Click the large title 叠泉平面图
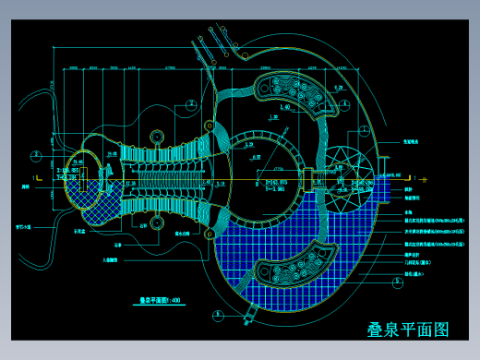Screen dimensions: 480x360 point(407,330)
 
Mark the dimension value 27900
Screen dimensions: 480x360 point(172,67)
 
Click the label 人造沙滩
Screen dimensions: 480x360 point(110,260)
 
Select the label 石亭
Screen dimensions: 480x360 point(117,246)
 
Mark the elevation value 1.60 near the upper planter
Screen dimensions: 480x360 point(285,108)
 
